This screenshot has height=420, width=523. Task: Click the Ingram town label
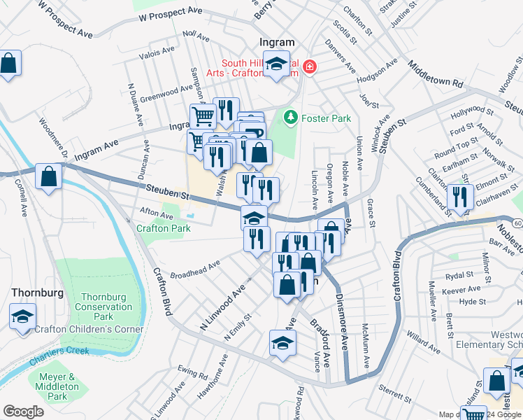tap(277, 43)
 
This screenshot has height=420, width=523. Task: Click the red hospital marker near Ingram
tap(308, 67)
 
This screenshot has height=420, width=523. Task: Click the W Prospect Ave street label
tap(171, 13)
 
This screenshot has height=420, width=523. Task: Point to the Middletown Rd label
tap(438, 73)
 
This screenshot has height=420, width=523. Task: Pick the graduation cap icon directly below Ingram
tap(277, 64)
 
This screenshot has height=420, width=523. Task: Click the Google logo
tap(22, 412)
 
